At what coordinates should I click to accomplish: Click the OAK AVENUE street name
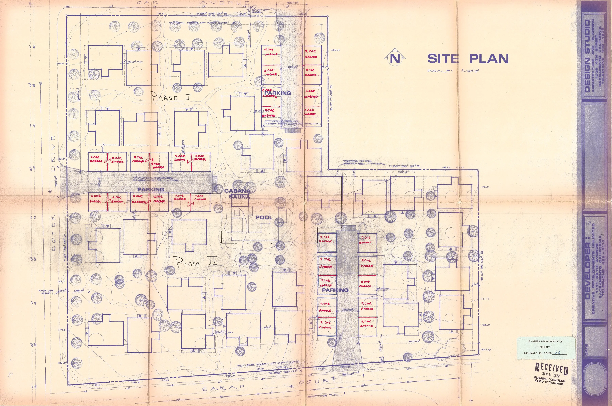coord(193,3)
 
